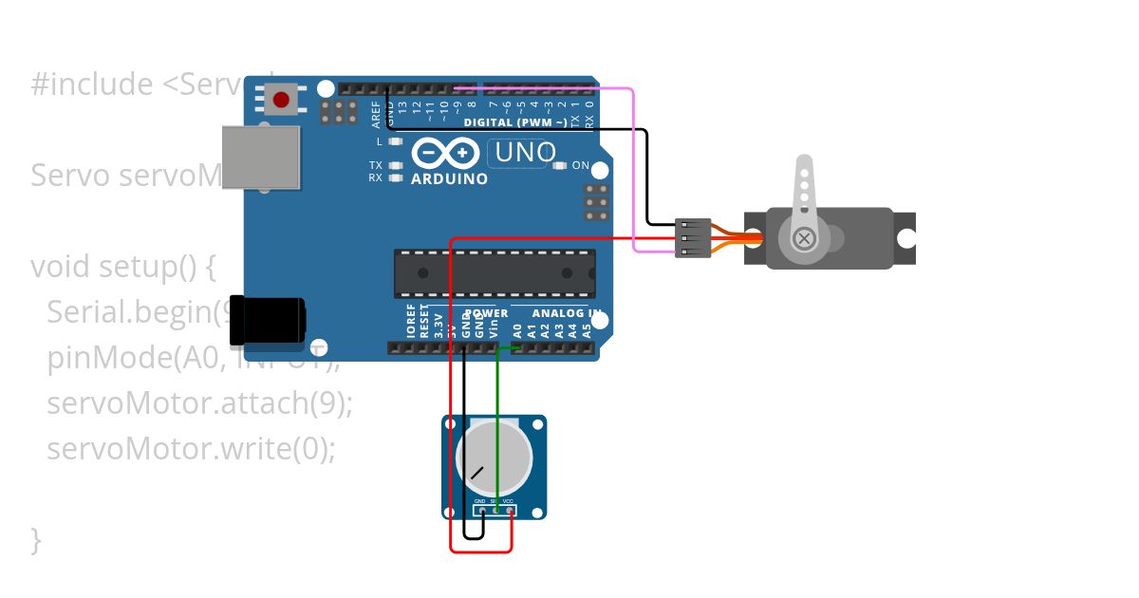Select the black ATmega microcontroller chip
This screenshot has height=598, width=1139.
(x=495, y=274)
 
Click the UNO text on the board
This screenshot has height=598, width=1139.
(x=522, y=152)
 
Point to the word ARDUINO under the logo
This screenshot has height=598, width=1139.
(x=449, y=178)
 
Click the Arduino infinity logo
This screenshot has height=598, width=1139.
(x=445, y=153)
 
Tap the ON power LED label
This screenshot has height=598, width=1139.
(x=580, y=165)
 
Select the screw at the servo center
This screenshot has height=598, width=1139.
(x=804, y=237)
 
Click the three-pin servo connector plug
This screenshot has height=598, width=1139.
(x=693, y=238)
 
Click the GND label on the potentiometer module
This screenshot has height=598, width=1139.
(x=480, y=501)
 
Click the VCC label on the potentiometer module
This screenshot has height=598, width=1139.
(x=508, y=501)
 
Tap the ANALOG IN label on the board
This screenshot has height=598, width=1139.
(x=566, y=313)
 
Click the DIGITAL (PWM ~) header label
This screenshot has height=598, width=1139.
(x=515, y=122)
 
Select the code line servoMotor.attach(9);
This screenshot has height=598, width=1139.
(x=199, y=402)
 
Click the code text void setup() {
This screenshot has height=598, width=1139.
(x=123, y=267)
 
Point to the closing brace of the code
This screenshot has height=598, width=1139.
(x=36, y=539)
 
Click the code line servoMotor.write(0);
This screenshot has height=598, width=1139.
(x=191, y=447)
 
